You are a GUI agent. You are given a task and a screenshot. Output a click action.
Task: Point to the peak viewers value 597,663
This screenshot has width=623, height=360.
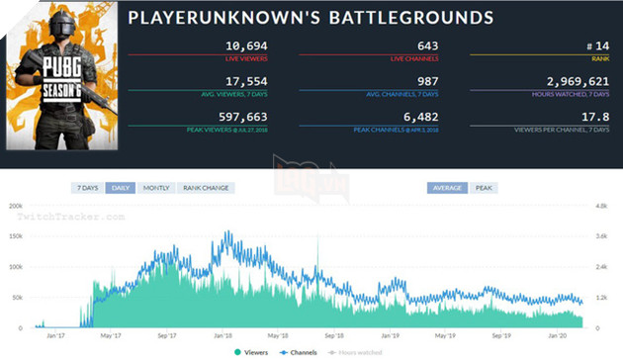[214, 117]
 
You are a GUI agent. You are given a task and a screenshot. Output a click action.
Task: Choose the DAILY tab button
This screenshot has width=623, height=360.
[122, 188]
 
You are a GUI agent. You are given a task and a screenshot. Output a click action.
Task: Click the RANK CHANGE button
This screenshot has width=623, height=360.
[205, 188]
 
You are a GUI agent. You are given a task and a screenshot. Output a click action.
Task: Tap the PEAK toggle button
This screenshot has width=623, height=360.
[485, 188]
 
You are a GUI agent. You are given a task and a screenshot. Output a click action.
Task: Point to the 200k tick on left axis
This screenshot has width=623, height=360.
[15, 206]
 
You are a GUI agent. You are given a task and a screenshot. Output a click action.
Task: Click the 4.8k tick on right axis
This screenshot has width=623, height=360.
[604, 206]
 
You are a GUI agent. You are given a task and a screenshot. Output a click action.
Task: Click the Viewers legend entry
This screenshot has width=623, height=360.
[255, 351]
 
